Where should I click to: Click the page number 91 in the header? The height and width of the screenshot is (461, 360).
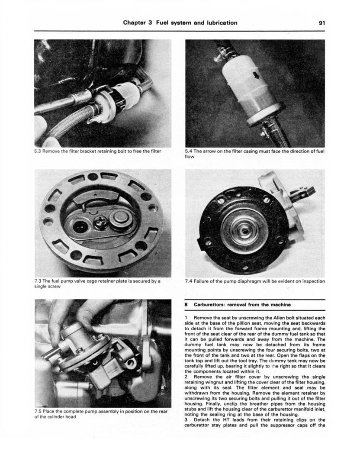[321, 23]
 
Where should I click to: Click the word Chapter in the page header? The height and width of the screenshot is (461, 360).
[135, 23]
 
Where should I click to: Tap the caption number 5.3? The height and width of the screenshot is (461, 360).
[38, 151]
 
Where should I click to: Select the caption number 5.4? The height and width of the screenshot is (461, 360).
[189, 151]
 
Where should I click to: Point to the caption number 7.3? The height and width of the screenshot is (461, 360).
[38, 281]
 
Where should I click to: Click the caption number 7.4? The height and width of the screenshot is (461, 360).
[189, 281]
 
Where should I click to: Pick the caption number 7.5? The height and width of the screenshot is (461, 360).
[38, 411]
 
